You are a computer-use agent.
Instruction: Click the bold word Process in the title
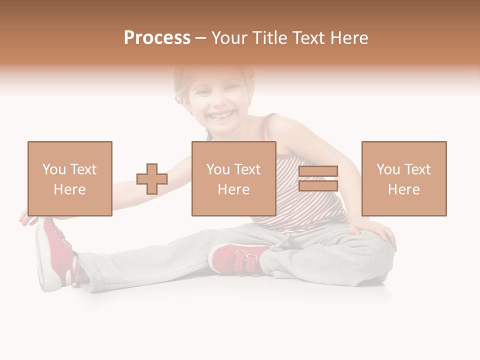[x=157, y=38]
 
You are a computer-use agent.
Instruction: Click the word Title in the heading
[x=270, y=38]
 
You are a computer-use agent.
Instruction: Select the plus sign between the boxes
[x=152, y=179]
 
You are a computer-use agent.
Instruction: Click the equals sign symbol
[x=318, y=179]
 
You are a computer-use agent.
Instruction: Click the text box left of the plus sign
[x=70, y=179]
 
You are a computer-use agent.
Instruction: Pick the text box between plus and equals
[x=234, y=179]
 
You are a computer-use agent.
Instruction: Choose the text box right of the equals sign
[x=404, y=179]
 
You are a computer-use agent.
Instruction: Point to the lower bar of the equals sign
[x=318, y=185]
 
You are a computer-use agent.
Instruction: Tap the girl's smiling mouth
[x=221, y=116]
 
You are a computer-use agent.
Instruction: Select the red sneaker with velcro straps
[x=237, y=258]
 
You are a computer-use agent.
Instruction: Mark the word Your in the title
[x=230, y=38]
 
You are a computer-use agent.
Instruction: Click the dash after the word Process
[x=200, y=38]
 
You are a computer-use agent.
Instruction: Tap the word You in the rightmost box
[x=388, y=170]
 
